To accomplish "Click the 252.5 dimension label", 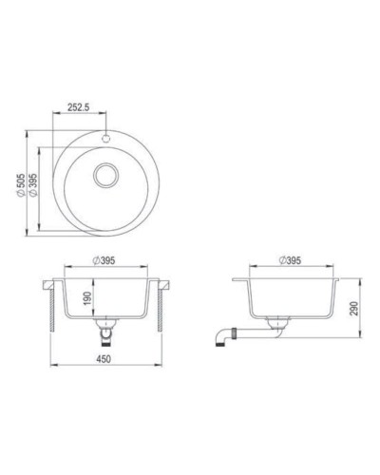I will (78, 107).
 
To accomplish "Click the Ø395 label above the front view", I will (108, 261).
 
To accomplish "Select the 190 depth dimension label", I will (87, 298).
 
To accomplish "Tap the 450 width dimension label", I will (108, 358).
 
